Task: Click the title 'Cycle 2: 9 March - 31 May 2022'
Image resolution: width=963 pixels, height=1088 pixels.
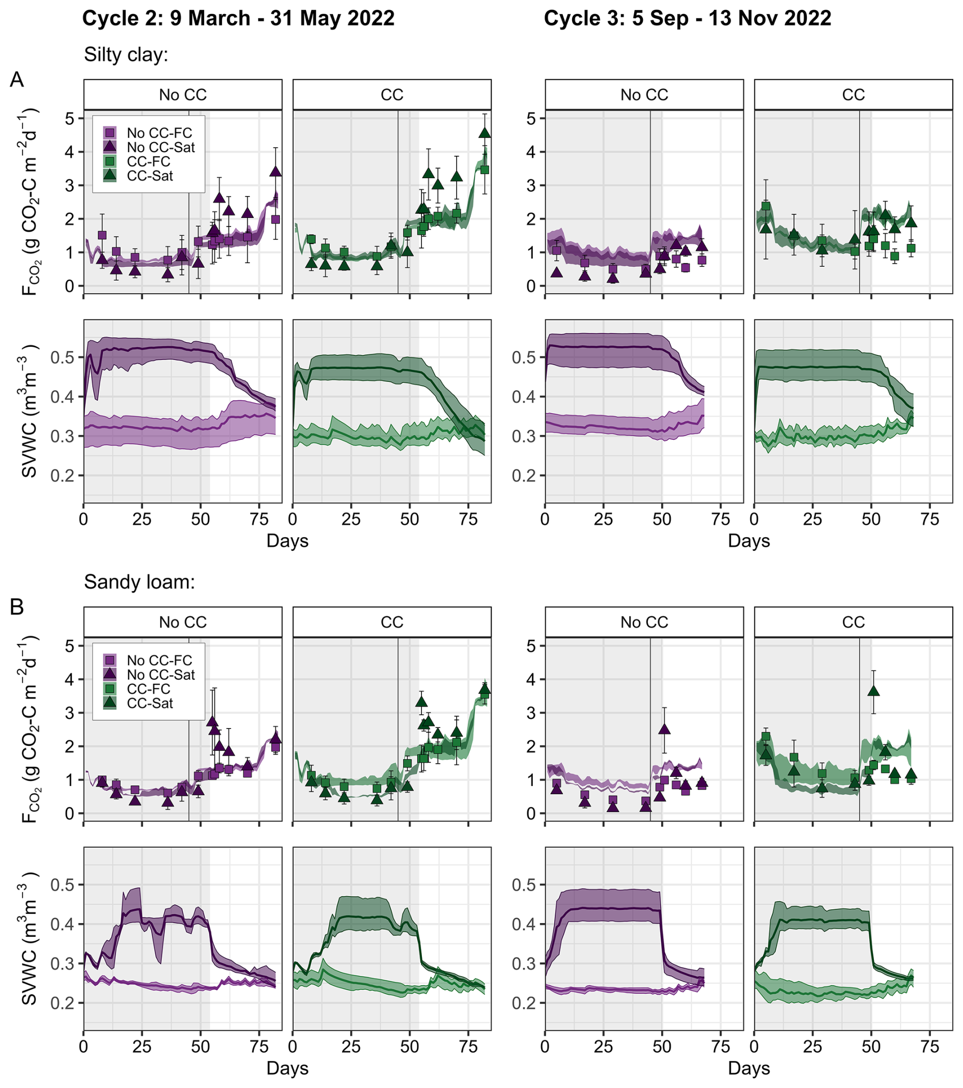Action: (x=238, y=19)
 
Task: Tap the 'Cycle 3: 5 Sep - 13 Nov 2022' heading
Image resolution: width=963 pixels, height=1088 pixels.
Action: (x=688, y=19)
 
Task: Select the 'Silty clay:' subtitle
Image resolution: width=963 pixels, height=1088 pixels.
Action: (x=126, y=54)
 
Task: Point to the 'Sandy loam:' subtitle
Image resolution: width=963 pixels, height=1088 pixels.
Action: (x=139, y=582)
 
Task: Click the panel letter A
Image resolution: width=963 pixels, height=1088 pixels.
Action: (x=17, y=80)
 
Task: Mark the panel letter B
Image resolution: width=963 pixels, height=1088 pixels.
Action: (x=17, y=607)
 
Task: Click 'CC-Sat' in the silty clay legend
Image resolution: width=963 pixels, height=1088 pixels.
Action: (x=150, y=176)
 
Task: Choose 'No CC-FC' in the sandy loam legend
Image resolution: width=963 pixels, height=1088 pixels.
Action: (x=159, y=660)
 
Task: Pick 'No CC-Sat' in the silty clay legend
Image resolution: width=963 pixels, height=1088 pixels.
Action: (x=161, y=148)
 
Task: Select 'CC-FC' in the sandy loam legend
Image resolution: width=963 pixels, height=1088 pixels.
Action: (x=149, y=689)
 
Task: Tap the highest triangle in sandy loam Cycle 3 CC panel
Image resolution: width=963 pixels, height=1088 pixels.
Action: (x=873, y=691)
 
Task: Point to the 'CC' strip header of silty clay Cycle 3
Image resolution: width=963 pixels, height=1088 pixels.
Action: (x=854, y=95)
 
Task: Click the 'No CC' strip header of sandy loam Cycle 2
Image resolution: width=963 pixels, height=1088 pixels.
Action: (x=183, y=622)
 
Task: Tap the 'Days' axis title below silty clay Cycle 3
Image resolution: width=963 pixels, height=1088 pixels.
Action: (x=749, y=541)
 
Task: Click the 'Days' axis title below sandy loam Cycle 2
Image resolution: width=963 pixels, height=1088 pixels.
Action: (x=287, y=1068)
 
